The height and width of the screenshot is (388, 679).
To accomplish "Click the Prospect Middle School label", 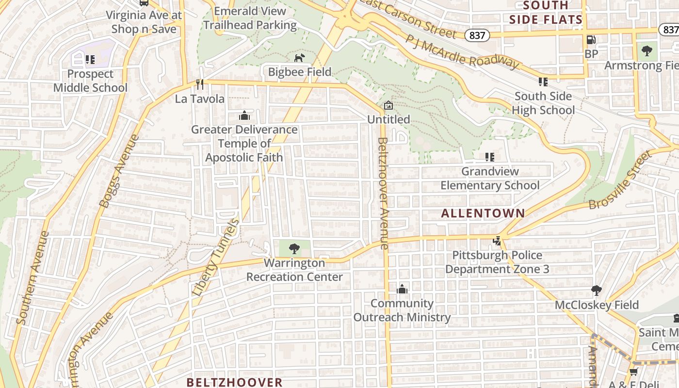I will click(x=90, y=81).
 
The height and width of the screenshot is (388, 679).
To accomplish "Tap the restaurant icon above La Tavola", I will click(x=199, y=84).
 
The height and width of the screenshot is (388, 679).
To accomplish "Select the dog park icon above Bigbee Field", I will click(x=300, y=58).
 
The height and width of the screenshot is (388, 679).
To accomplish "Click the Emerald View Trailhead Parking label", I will click(x=250, y=18).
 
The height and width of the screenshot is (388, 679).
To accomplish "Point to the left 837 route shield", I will click(x=477, y=35).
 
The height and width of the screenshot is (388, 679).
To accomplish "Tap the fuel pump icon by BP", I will click(x=591, y=40).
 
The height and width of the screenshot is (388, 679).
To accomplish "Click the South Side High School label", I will click(x=543, y=103).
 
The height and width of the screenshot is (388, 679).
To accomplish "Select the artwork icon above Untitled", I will click(x=388, y=105).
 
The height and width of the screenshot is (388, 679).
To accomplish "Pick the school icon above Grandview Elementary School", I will click(x=489, y=157).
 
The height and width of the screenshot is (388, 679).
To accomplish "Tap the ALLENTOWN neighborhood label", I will click(x=483, y=213).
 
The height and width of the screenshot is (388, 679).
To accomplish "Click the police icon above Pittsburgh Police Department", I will click(x=497, y=241).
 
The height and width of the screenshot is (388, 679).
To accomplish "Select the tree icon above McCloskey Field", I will click(x=597, y=291).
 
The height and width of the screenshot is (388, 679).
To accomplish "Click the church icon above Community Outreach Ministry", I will click(x=402, y=290).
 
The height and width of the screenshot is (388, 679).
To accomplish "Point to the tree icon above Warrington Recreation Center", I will click(x=294, y=249).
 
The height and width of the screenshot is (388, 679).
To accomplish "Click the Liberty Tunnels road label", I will click(x=216, y=257).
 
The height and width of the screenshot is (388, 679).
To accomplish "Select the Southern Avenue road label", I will click(x=32, y=277).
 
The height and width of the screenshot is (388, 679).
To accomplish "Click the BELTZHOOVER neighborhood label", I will click(x=234, y=382).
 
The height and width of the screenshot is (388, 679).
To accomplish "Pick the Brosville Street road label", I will click(x=620, y=180).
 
